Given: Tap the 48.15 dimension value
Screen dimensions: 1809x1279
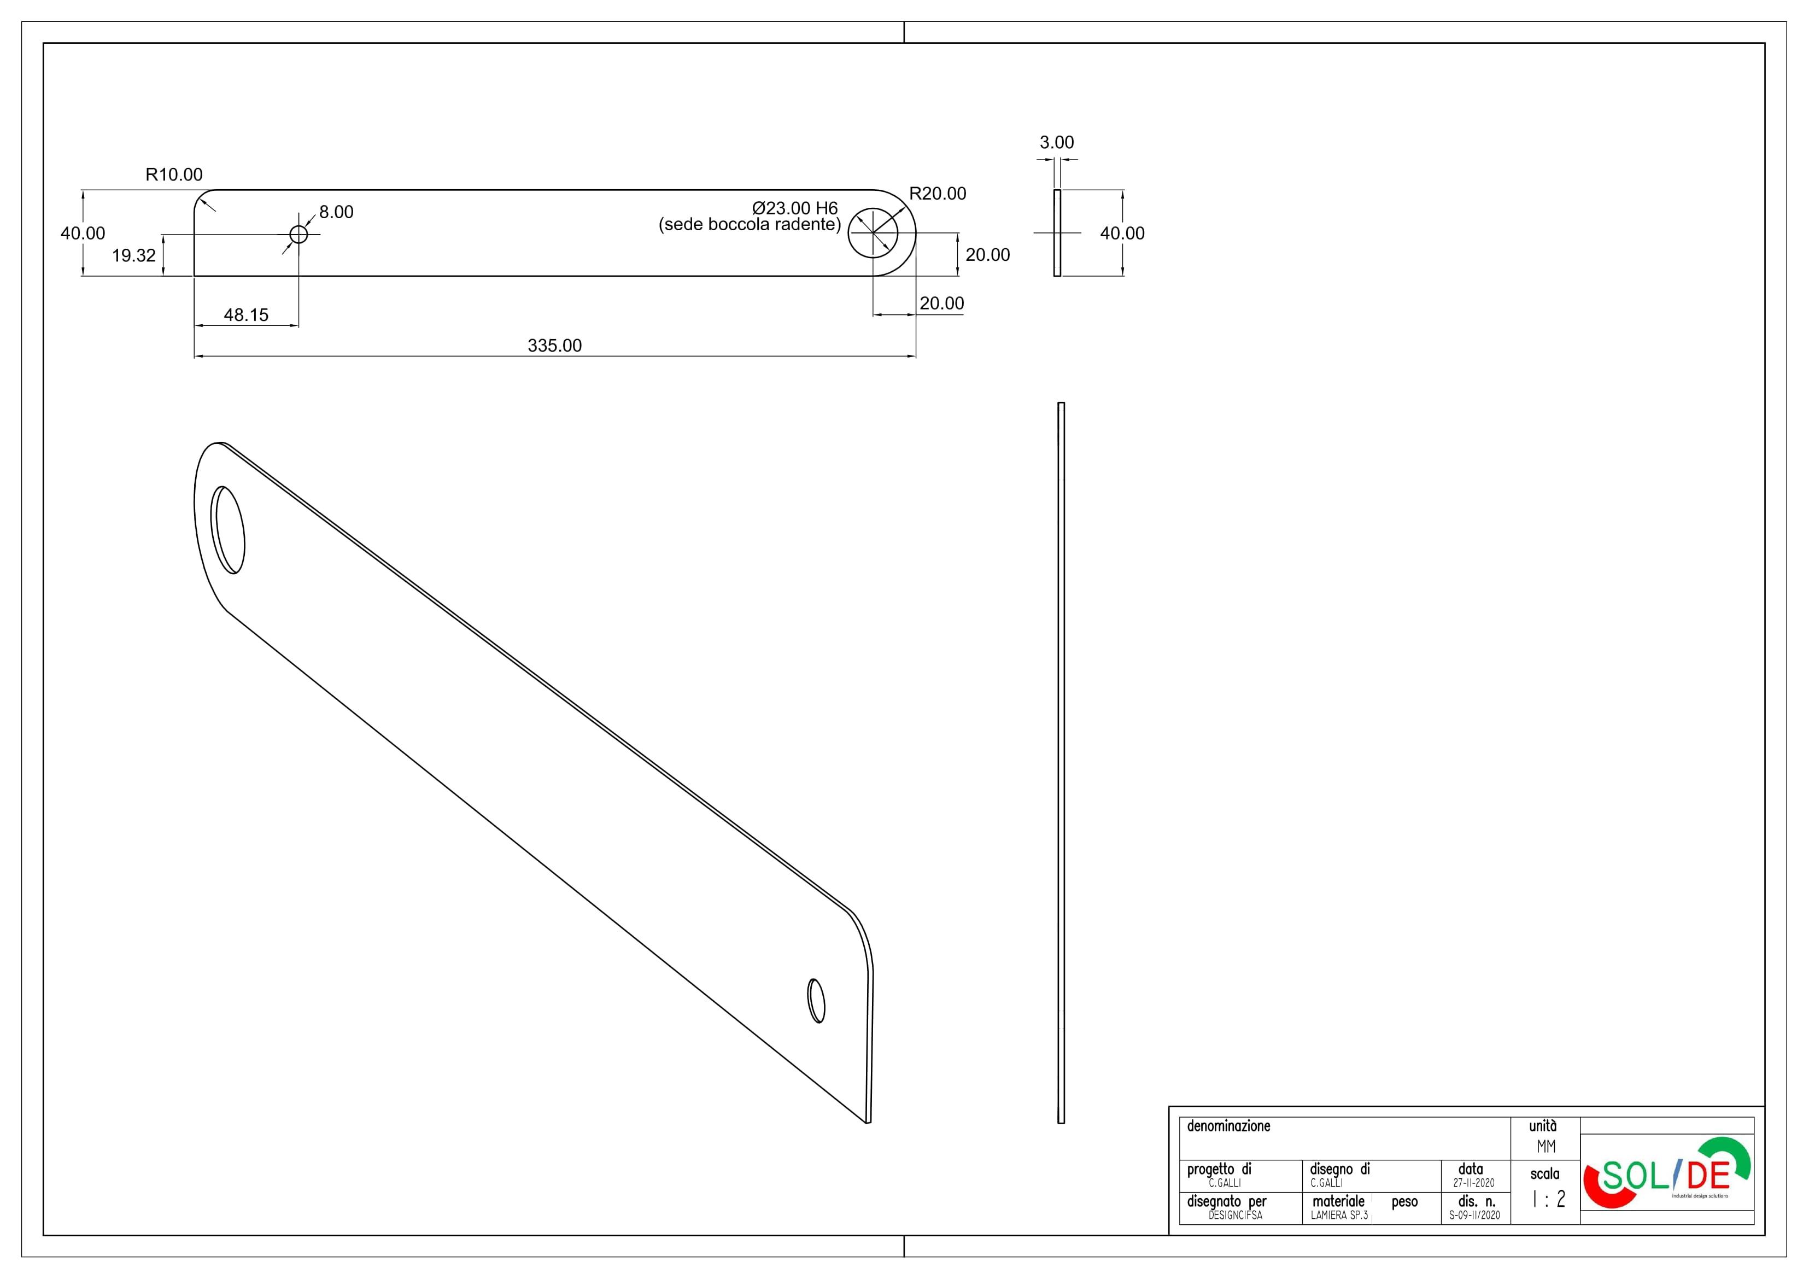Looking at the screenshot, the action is (x=246, y=314).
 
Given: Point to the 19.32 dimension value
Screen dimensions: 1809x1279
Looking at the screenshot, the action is (x=134, y=255).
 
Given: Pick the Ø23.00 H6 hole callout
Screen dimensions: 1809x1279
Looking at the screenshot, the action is (x=795, y=208).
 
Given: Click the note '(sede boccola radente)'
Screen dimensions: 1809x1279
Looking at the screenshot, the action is (x=750, y=225).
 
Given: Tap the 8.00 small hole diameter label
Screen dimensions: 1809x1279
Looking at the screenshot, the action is (x=336, y=212).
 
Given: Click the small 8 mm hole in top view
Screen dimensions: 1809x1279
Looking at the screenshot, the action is (x=298, y=234).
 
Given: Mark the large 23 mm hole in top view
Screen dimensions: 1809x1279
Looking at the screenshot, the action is (x=873, y=233).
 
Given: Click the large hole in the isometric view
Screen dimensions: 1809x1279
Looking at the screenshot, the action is (x=228, y=529).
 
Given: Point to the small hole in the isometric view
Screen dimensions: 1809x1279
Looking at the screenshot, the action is (x=816, y=1001).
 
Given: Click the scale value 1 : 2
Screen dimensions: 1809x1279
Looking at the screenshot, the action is (x=1548, y=1199).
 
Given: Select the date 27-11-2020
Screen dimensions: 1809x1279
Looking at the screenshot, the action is (x=1473, y=1183).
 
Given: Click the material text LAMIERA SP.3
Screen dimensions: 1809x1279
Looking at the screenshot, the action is (x=1339, y=1215).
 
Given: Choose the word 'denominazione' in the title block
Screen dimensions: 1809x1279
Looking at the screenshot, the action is (x=1228, y=1126).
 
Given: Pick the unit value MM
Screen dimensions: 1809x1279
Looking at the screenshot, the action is (x=1546, y=1147).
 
